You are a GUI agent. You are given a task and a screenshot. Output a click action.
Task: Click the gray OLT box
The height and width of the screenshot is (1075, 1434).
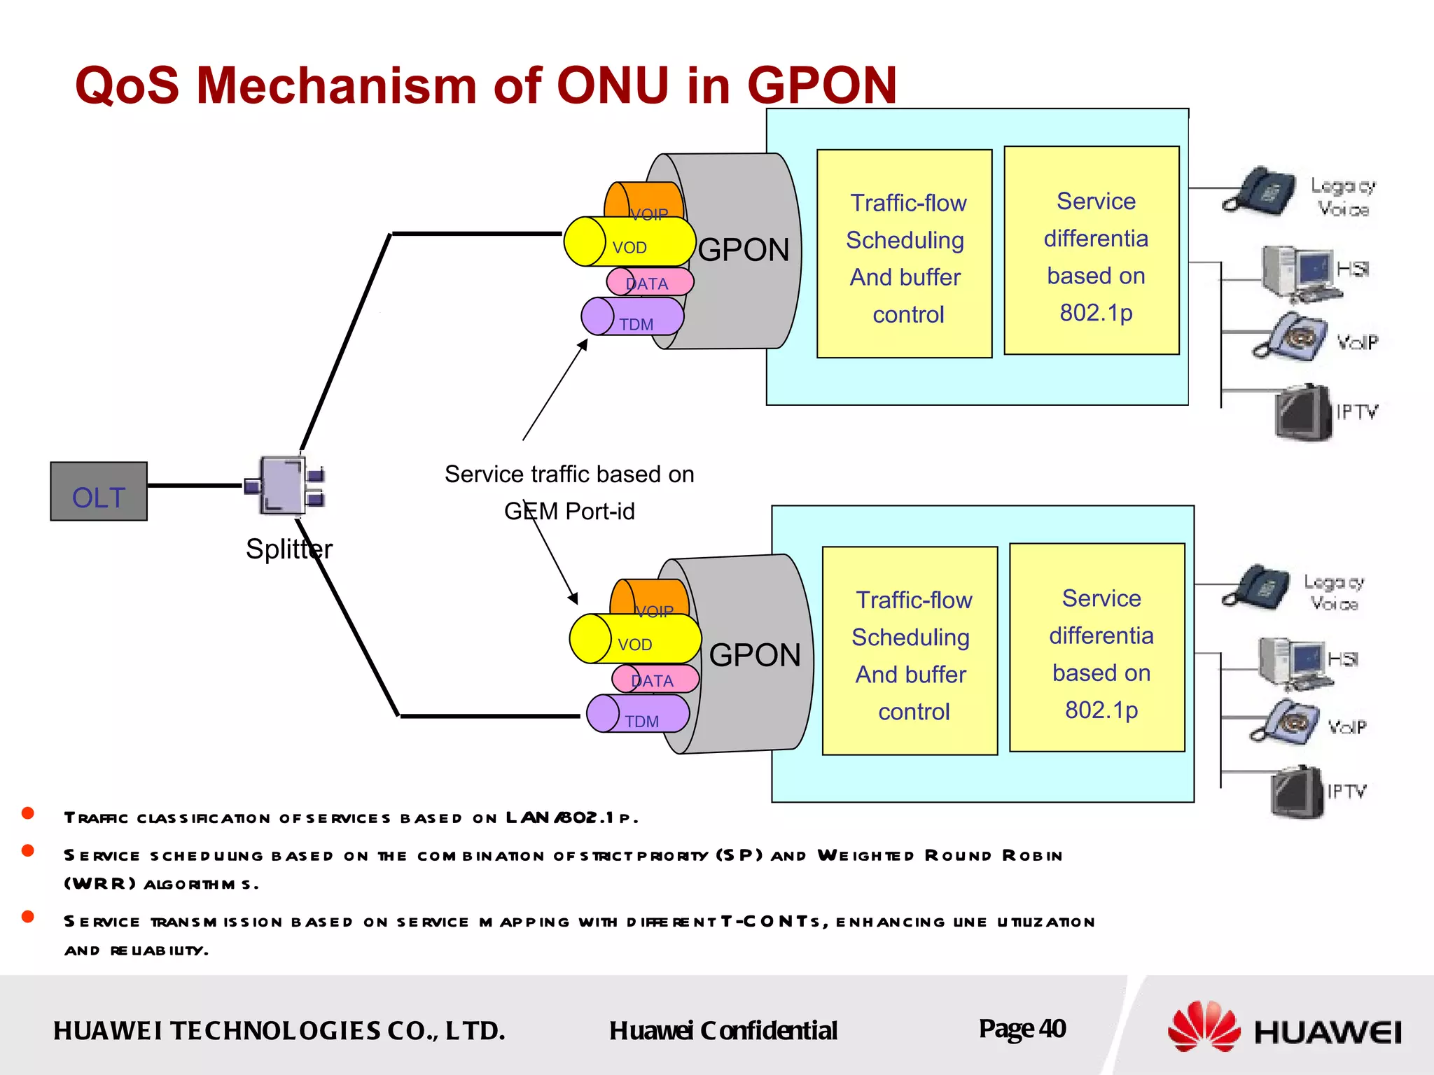99,491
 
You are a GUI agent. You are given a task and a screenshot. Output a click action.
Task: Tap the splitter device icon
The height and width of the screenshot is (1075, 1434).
285,485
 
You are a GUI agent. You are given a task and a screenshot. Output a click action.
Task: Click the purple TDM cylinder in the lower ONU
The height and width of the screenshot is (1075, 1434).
639,714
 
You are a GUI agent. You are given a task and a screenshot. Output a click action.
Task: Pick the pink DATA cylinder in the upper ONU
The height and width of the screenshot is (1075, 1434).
650,282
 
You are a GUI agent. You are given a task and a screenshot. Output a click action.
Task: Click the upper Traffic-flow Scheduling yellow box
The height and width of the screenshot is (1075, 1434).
904,253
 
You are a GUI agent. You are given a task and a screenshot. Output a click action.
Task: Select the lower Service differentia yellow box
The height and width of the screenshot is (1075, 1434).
1097,647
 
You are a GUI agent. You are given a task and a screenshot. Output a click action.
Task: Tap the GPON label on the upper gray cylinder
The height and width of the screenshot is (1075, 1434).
744,250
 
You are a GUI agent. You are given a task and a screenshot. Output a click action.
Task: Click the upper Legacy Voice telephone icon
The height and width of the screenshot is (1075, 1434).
1257,190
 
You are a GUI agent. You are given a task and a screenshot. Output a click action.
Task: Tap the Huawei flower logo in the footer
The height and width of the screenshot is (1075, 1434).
1203,1027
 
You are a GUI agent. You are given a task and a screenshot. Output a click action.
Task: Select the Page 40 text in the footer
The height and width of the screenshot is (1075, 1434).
1022,1029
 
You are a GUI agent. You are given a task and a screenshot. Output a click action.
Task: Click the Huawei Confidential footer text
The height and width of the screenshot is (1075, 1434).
723,1031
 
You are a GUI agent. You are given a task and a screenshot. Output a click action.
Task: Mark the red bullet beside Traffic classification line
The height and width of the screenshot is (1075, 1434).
28,813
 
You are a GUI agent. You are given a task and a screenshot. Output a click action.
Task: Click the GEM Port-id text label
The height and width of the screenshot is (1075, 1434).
569,512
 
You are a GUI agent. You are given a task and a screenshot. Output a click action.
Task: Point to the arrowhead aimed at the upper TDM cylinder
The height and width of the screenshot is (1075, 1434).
583,344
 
